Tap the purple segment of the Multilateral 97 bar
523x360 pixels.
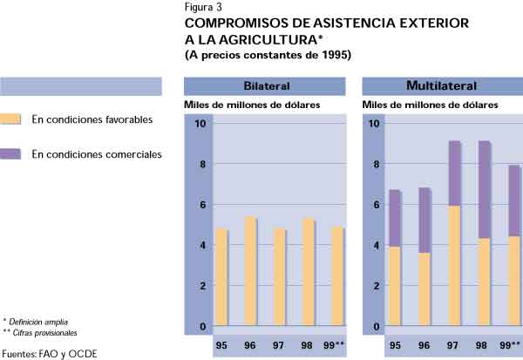[456, 173]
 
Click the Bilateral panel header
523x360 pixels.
[266, 86]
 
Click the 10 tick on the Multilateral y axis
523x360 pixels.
[374, 123]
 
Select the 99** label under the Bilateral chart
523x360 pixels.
[335, 346]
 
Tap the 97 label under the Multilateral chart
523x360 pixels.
[454, 346]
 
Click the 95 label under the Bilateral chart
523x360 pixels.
[221, 346]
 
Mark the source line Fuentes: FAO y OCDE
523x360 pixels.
[50, 353]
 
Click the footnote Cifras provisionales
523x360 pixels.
[44, 333]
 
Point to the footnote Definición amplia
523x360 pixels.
[39, 322]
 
